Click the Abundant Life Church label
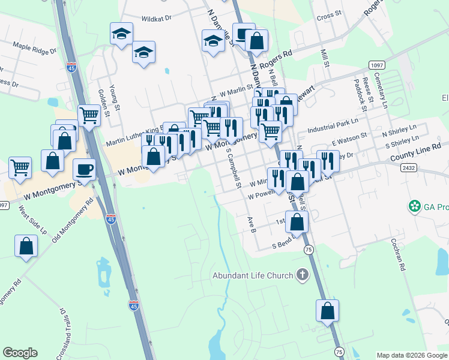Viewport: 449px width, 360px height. click(252, 275)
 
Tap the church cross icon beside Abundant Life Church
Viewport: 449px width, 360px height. click(302, 275)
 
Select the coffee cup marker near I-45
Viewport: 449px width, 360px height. click(84, 169)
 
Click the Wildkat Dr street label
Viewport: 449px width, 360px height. click(157, 19)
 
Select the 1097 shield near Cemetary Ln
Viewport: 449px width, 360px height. click(377, 65)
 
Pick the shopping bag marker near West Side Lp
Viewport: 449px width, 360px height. click(26, 245)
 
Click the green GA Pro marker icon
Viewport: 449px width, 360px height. click(414, 207)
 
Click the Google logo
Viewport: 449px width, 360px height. click(20, 353)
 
